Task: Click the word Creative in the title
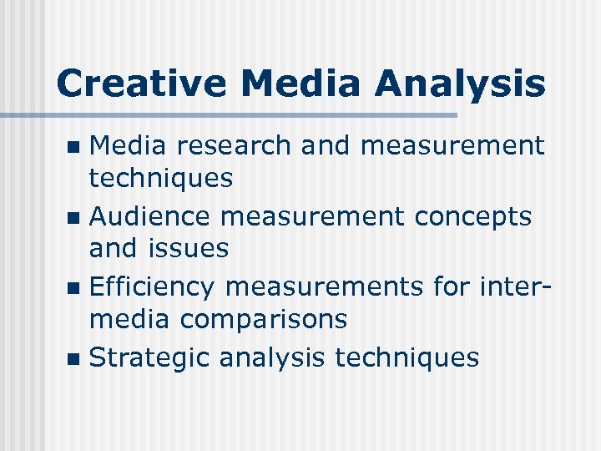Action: coord(142,84)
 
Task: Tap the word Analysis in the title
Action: coord(460,84)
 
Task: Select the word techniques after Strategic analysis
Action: coord(407,358)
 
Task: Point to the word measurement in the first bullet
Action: coord(452,146)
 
